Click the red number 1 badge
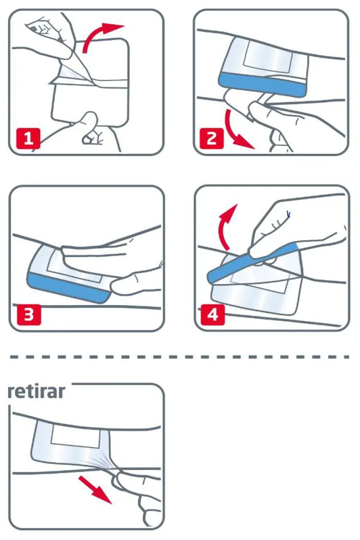tap(28, 139)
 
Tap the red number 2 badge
tap(211, 139)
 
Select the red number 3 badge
tap(29, 314)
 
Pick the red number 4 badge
tap(212, 314)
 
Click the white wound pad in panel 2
tap(268, 58)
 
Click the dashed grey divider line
tap(180, 357)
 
